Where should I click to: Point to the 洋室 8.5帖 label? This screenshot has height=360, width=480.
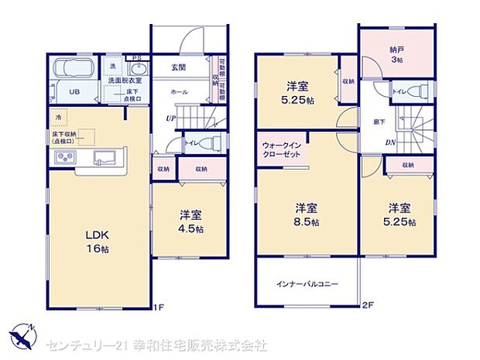(306, 216)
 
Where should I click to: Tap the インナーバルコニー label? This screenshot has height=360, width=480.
(307, 284)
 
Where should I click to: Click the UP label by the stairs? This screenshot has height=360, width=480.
(169, 118)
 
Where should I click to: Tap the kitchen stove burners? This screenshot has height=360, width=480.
(63, 159)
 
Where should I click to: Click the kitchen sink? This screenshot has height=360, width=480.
(103, 158)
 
